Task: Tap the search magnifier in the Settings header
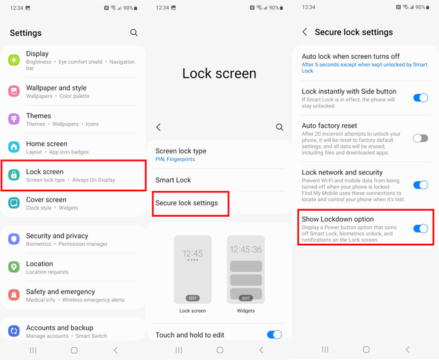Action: [x=134, y=32]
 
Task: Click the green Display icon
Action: [x=14, y=60]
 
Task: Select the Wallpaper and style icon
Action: [x=14, y=91]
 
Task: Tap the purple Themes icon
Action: [x=14, y=120]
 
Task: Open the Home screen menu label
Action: [x=47, y=144]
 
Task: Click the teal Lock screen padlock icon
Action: [x=14, y=176]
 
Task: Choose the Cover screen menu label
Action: [x=46, y=200]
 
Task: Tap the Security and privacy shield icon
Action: [x=14, y=239]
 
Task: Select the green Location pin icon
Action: [x=14, y=267]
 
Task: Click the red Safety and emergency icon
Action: [x=14, y=295]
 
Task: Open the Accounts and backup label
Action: [x=59, y=328]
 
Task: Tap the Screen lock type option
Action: [x=181, y=151]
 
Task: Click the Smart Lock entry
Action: [x=174, y=180]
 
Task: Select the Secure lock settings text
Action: [x=187, y=203]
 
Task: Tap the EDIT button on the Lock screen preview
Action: [x=192, y=298]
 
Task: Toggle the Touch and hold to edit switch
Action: [x=274, y=334]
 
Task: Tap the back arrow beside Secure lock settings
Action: [x=305, y=32]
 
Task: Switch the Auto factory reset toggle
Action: [x=420, y=138]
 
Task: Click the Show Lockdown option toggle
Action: [x=420, y=228]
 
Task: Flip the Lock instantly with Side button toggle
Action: [x=420, y=98]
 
